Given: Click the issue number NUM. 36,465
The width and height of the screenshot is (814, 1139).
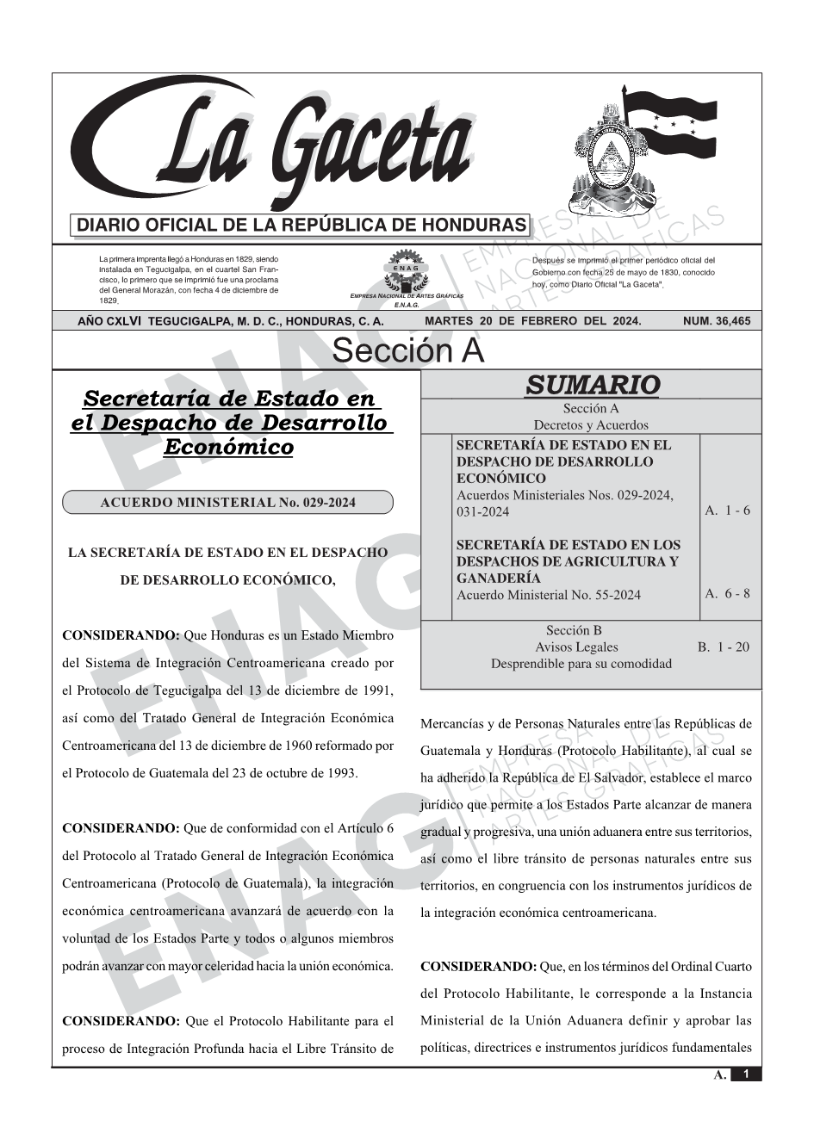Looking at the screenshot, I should coord(716,321).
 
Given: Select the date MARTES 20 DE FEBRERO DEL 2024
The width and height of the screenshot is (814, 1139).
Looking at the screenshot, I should coord(532,321).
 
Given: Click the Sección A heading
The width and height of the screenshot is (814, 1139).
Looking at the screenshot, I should coord(407,350).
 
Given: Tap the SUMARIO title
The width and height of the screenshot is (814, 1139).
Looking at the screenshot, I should coord(592,385).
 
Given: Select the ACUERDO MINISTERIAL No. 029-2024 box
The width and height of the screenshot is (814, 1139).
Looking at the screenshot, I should coord(227,503).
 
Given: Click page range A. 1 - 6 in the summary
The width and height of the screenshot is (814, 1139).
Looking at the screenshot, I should coord(727,511).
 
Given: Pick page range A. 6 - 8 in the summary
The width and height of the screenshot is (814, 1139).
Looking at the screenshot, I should coord(727,593).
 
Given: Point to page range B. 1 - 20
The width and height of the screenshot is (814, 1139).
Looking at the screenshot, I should coord(724,647).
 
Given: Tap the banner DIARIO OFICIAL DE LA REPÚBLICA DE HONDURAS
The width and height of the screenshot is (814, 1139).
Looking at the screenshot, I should coord(301,226).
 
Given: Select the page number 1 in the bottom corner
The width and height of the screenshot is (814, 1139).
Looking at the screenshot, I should coord(746,1074).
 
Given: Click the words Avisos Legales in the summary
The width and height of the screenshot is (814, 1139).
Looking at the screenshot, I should coord(576,647).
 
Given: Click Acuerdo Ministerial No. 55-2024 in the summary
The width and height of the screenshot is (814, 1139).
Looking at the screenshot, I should coord(549,595).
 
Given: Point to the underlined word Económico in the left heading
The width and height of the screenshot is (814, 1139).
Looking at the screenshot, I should coord(228,447).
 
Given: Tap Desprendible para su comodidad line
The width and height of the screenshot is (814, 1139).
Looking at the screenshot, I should coord(581,664).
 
